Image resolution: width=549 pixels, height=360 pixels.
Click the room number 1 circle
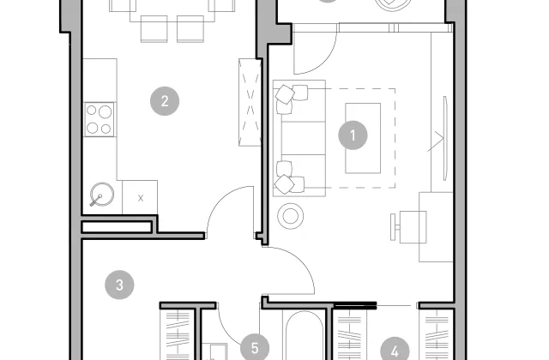(353, 135)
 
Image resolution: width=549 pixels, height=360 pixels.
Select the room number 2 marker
(165, 101)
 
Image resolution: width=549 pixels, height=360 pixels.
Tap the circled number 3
(119, 285)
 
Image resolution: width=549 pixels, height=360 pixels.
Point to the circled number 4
(395, 350)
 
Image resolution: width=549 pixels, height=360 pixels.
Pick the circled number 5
(255, 347)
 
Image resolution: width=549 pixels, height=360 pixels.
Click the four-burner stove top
(100, 119)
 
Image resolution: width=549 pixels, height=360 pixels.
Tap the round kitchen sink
(102, 195)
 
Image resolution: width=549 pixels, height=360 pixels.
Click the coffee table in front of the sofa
(363, 138)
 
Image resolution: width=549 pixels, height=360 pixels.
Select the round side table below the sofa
(290, 216)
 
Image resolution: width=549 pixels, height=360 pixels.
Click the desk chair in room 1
(408, 227)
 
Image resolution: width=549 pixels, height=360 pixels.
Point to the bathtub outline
(304, 336)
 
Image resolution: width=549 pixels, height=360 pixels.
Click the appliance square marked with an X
(140, 197)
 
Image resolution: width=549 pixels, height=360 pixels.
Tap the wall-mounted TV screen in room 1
(445, 138)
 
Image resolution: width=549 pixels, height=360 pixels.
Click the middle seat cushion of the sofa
(304, 138)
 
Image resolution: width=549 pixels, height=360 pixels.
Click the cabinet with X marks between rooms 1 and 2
(250, 102)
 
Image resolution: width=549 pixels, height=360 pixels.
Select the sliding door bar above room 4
(355, 305)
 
